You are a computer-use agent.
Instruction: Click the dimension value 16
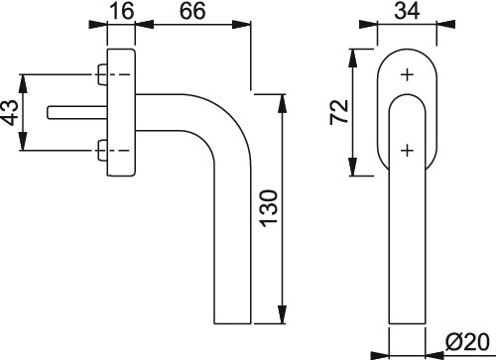(121, 11)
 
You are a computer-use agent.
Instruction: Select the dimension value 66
(192, 11)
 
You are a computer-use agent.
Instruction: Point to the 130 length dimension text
(269, 208)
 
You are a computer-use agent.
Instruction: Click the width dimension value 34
(407, 11)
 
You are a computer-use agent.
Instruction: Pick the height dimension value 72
(339, 112)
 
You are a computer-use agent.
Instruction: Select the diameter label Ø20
(467, 342)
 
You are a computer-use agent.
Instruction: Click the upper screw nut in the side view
(102, 74)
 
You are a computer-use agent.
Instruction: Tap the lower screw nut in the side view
(102, 151)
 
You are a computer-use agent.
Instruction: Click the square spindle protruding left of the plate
(77, 112)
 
